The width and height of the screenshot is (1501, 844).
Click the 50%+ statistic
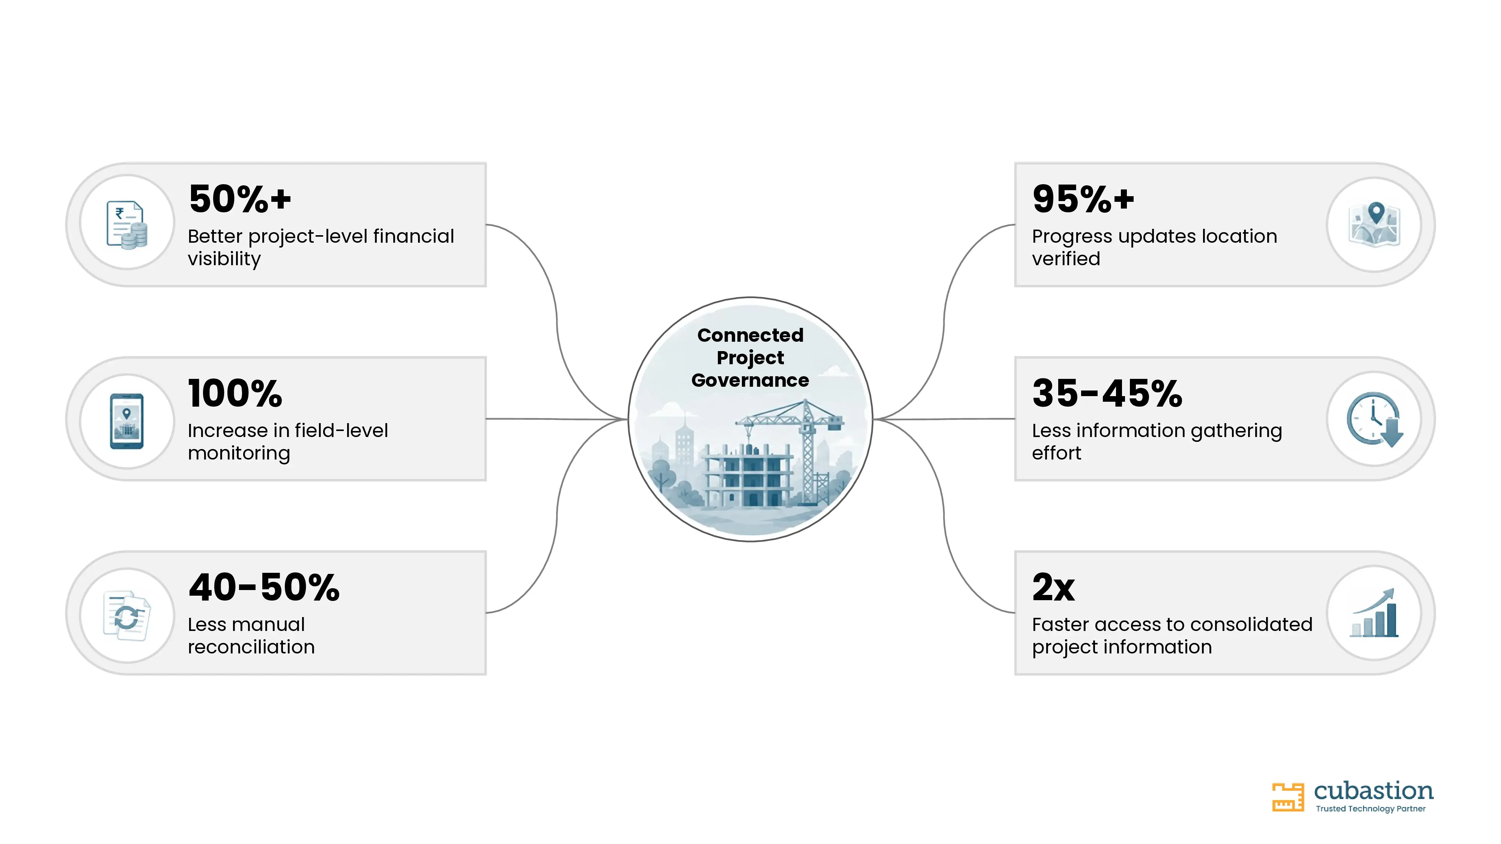tap(239, 199)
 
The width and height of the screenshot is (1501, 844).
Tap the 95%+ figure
tap(1083, 199)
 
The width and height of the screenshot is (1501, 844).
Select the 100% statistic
tap(235, 393)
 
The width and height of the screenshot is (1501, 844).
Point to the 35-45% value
tap(1107, 393)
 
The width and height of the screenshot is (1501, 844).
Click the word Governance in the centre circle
tap(750, 380)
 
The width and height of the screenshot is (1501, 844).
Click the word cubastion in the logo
tap(1373, 791)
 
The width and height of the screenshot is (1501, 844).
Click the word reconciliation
tap(251, 647)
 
